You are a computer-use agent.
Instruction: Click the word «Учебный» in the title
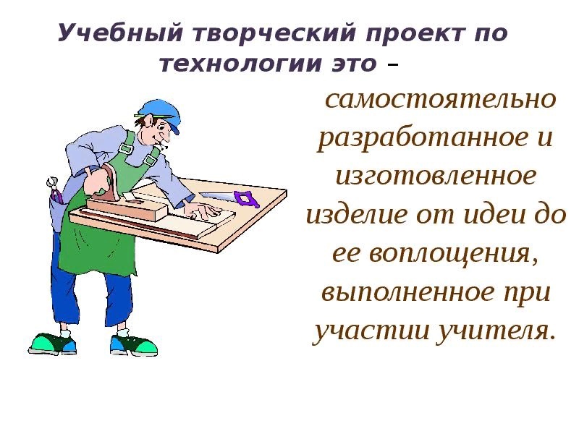pos(119,33)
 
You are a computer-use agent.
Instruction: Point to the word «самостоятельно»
pos(440,99)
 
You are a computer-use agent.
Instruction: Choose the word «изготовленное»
pos(436,176)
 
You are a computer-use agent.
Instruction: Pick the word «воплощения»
pos(453,254)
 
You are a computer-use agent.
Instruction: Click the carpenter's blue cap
pos(158,112)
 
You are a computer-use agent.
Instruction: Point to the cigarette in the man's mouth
pos(162,146)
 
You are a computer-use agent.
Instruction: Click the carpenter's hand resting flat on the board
pos(203,211)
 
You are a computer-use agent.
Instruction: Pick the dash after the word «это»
pos(392,66)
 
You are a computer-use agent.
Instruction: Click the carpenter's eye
pos(161,127)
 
